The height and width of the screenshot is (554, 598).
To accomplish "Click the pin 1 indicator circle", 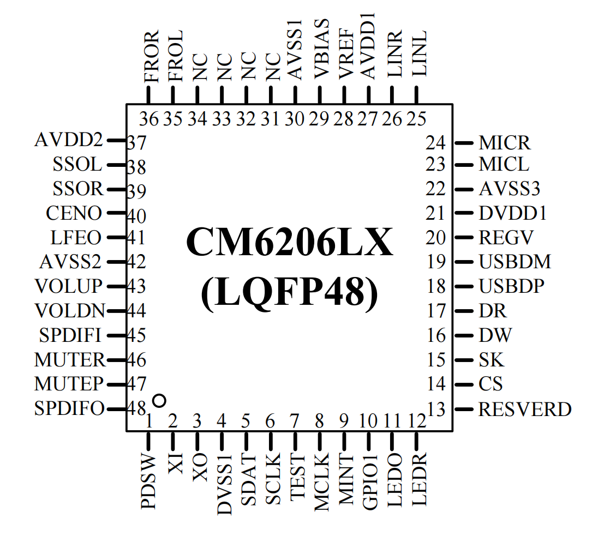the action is [x=159, y=400].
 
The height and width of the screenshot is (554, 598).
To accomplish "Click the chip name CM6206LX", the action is [x=290, y=242].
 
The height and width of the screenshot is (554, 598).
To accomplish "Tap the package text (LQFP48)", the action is [x=290, y=293].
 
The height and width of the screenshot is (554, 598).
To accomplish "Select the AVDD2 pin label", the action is [x=69, y=140].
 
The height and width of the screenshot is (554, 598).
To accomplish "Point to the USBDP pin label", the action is [x=511, y=286].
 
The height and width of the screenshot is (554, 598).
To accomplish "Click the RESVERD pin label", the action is [x=525, y=409].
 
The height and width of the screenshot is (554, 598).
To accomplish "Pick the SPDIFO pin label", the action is [x=69, y=408].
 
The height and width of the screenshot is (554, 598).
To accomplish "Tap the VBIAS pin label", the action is [x=321, y=49].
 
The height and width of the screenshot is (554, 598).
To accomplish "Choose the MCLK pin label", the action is [x=321, y=483].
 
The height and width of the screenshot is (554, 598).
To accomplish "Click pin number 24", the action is [x=435, y=143].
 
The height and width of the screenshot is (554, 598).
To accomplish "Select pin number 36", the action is [x=149, y=119].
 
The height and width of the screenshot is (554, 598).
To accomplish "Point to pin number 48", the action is [x=136, y=408].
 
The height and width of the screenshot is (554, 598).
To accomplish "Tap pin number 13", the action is [x=436, y=410].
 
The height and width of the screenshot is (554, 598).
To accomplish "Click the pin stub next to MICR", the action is [x=464, y=143].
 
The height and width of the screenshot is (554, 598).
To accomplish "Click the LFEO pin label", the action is [x=76, y=237].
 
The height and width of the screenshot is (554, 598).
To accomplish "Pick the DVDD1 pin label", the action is [x=512, y=213].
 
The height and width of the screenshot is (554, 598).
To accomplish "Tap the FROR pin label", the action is [x=151, y=56].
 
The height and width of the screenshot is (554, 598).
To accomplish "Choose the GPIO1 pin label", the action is [x=370, y=481].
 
